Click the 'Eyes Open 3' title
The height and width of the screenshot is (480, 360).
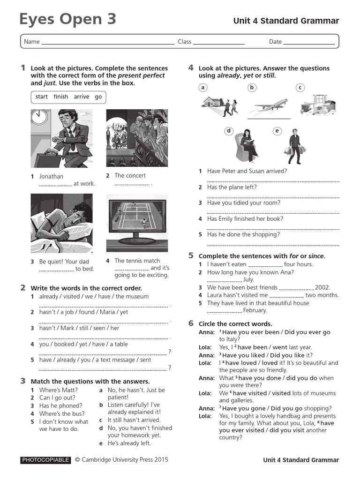tap(67, 19)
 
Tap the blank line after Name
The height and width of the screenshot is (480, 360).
tap(108, 42)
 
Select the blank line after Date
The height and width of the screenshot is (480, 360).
tap(309, 42)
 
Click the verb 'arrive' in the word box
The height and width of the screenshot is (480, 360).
tap(81, 97)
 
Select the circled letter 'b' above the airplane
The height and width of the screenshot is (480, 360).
tap(252, 87)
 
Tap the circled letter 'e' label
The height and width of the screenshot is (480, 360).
tap(277, 131)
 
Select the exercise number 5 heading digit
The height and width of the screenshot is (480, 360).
tap(191, 255)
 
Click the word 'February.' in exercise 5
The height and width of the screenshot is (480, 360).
tap(255, 310)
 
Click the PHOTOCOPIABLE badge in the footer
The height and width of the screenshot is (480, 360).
tap(46, 460)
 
